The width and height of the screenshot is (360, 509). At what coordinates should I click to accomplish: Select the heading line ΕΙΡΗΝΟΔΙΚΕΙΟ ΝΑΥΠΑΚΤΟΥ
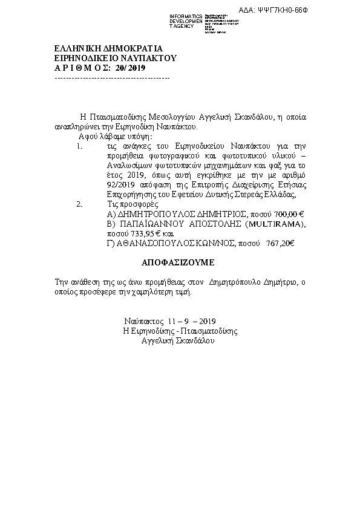click(x=114, y=59)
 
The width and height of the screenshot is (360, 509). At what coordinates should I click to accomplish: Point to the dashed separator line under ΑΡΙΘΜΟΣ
click(x=112, y=78)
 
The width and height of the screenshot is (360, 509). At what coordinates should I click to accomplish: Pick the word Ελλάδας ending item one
click(x=279, y=195)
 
